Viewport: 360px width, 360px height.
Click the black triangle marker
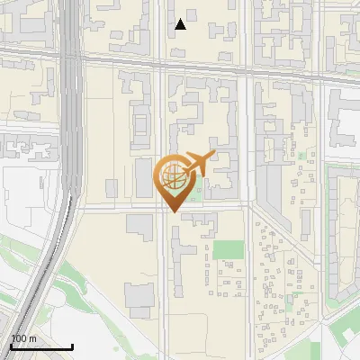[x=181, y=24]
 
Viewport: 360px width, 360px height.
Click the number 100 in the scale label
[x=18, y=338]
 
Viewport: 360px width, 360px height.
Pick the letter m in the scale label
[x=32, y=338]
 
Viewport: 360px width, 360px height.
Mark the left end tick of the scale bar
[x=10, y=346]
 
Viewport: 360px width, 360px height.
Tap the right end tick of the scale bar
[x=73, y=346]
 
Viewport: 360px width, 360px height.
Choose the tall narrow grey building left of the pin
[x=144, y=178]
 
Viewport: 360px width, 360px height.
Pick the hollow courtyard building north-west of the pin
[x=142, y=121]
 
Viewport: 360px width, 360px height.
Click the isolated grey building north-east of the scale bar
[x=140, y=297]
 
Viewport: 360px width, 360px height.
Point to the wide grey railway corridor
[x=72, y=135]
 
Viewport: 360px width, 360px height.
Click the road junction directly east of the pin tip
[x=247, y=207]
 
